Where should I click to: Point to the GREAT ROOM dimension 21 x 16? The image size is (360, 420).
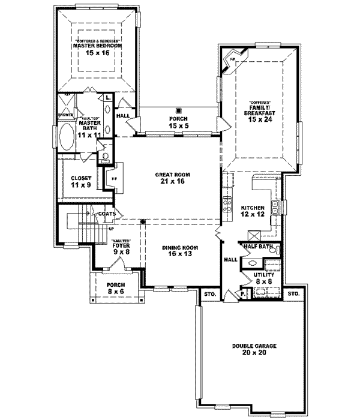pos(173,181)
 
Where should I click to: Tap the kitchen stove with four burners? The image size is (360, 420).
pos(228,206)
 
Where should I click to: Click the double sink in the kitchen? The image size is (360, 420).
pos(275,208)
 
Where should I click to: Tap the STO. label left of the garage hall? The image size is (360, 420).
pos(209,295)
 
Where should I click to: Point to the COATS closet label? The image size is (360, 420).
pos(107,213)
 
